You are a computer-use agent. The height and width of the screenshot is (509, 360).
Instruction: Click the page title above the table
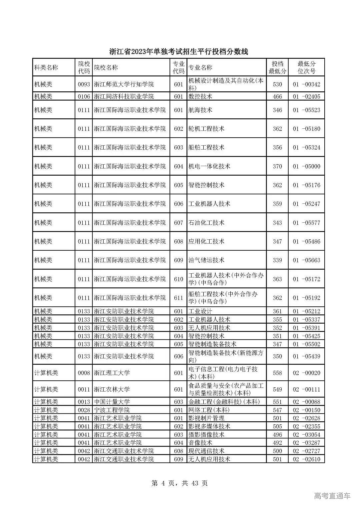click(x=179, y=52)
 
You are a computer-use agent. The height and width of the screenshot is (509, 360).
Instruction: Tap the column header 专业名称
click(x=200, y=67)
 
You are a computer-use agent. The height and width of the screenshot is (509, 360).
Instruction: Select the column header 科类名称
click(x=46, y=67)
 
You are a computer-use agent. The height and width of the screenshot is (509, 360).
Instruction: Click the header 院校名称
click(x=106, y=67)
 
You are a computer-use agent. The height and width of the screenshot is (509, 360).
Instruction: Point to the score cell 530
click(x=277, y=84)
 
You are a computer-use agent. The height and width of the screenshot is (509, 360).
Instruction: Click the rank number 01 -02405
click(x=306, y=97)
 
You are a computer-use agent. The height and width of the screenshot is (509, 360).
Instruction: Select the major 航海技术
click(x=200, y=110)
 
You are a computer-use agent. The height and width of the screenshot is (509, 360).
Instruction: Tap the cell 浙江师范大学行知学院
click(x=124, y=84)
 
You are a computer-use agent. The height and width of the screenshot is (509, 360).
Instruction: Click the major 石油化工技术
click(x=206, y=223)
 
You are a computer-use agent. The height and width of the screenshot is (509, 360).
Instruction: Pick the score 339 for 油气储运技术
click(x=277, y=260)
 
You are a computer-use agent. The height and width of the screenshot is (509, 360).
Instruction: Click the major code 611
click(x=179, y=298)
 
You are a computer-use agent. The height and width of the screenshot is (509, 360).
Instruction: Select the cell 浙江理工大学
click(x=112, y=373)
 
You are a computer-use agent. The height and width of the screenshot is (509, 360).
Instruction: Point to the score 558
click(x=277, y=373)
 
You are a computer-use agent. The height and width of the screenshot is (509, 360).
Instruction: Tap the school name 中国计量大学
click(x=112, y=402)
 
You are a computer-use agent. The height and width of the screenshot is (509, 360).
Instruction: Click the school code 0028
click(x=84, y=410)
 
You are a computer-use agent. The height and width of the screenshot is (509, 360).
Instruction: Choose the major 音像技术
click(x=200, y=443)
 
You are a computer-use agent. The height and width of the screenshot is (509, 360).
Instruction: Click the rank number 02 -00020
click(x=306, y=373)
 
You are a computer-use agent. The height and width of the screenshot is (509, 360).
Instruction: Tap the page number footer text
click(x=179, y=483)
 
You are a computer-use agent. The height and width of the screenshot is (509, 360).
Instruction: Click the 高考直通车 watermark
click(x=332, y=496)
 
